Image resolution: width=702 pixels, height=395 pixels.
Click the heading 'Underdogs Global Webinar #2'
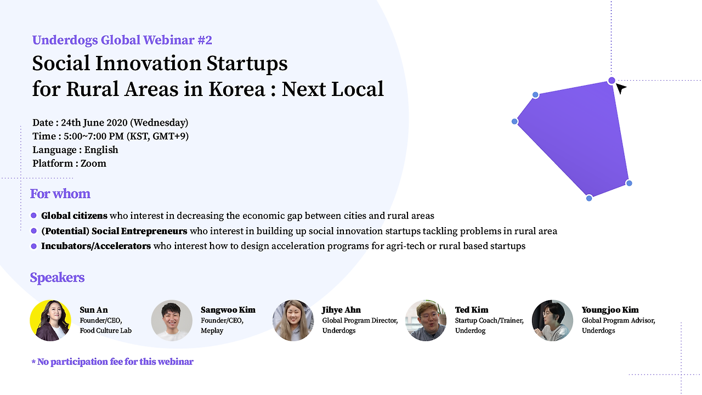(x=122, y=40)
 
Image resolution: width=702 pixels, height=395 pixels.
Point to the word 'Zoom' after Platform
(x=93, y=163)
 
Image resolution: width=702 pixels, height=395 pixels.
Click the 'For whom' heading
(x=60, y=194)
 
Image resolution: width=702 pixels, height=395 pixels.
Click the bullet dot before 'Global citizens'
(x=34, y=216)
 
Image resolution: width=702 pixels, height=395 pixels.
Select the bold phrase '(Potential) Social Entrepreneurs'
(x=114, y=231)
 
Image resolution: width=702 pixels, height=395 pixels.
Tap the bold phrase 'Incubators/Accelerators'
(x=96, y=246)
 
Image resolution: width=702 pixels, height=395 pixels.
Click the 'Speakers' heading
(x=57, y=278)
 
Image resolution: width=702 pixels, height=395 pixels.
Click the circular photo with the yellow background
(x=50, y=320)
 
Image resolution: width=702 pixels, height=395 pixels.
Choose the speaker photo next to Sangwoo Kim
(x=172, y=320)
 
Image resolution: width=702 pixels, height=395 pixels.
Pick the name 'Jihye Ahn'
(x=341, y=310)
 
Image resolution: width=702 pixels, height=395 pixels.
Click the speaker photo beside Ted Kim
(x=426, y=320)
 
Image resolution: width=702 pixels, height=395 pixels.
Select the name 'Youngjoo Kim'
(x=610, y=310)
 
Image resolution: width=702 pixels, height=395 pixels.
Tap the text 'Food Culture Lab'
(x=106, y=330)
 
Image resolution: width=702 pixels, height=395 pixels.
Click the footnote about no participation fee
(x=112, y=362)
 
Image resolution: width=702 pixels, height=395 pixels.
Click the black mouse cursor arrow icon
(x=620, y=88)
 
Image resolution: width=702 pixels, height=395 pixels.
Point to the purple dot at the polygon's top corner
(x=612, y=81)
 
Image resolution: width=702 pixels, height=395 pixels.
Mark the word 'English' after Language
(x=101, y=150)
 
